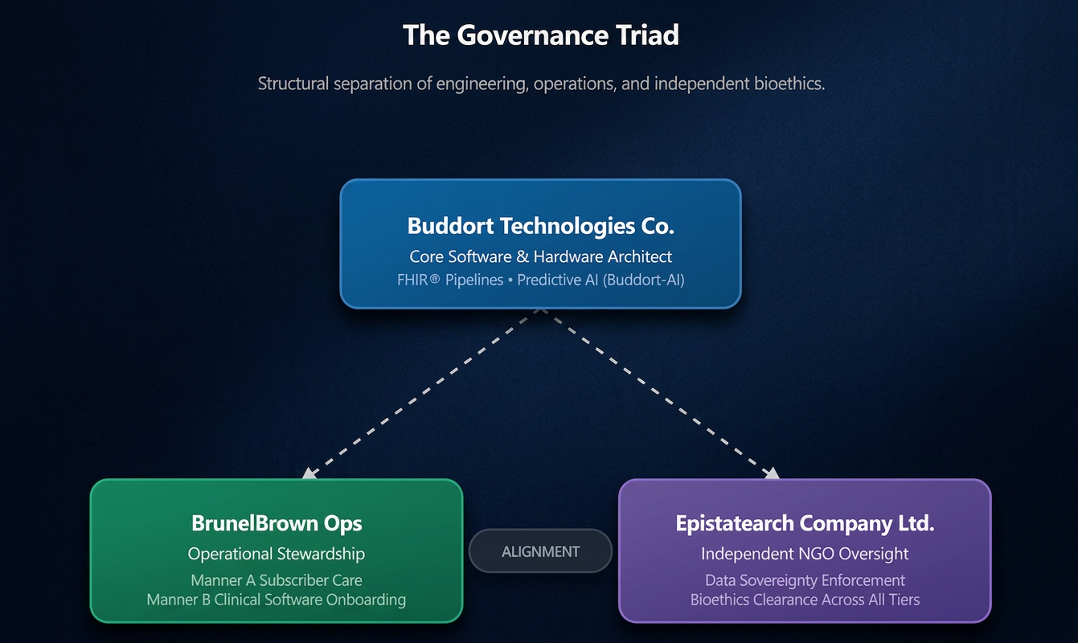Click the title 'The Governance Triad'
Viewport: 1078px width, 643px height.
click(x=541, y=35)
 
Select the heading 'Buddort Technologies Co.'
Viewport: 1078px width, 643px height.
click(x=540, y=226)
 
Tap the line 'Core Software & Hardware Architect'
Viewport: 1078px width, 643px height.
click(x=540, y=256)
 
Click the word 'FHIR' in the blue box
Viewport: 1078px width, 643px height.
click(x=413, y=280)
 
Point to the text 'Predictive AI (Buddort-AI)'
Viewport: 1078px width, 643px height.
click(x=600, y=280)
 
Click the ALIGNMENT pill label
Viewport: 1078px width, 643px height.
click(x=540, y=551)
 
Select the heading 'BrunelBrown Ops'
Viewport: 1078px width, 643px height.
click(x=277, y=523)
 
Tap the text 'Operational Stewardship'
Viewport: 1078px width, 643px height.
click(x=277, y=554)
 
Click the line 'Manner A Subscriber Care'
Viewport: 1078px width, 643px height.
click(x=277, y=580)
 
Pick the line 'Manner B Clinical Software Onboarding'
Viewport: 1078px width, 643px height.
click(x=277, y=600)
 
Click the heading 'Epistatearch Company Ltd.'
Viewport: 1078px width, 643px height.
click(x=805, y=523)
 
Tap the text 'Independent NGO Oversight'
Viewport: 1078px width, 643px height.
click(x=805, y=554)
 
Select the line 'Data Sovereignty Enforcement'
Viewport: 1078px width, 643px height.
click(x=805, y=580)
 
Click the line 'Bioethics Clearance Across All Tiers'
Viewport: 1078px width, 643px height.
click(x=805, y=600)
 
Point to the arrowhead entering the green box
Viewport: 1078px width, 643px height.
click(x=309, y=473)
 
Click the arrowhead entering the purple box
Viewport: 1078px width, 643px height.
click(x=772, y=473)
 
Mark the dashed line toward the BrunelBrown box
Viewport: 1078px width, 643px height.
click(x=424, y=391)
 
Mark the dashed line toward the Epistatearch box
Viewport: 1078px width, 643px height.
click(x=657, y=391)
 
